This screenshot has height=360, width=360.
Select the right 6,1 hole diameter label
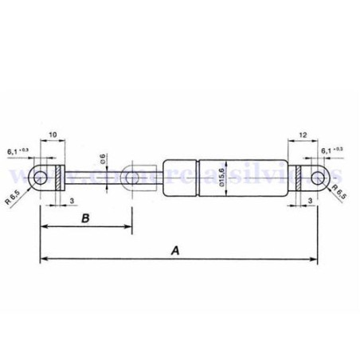coord(332,150)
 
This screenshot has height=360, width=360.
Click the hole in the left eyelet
coord(40,177)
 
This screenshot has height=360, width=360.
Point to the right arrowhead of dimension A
coord(313,259)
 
